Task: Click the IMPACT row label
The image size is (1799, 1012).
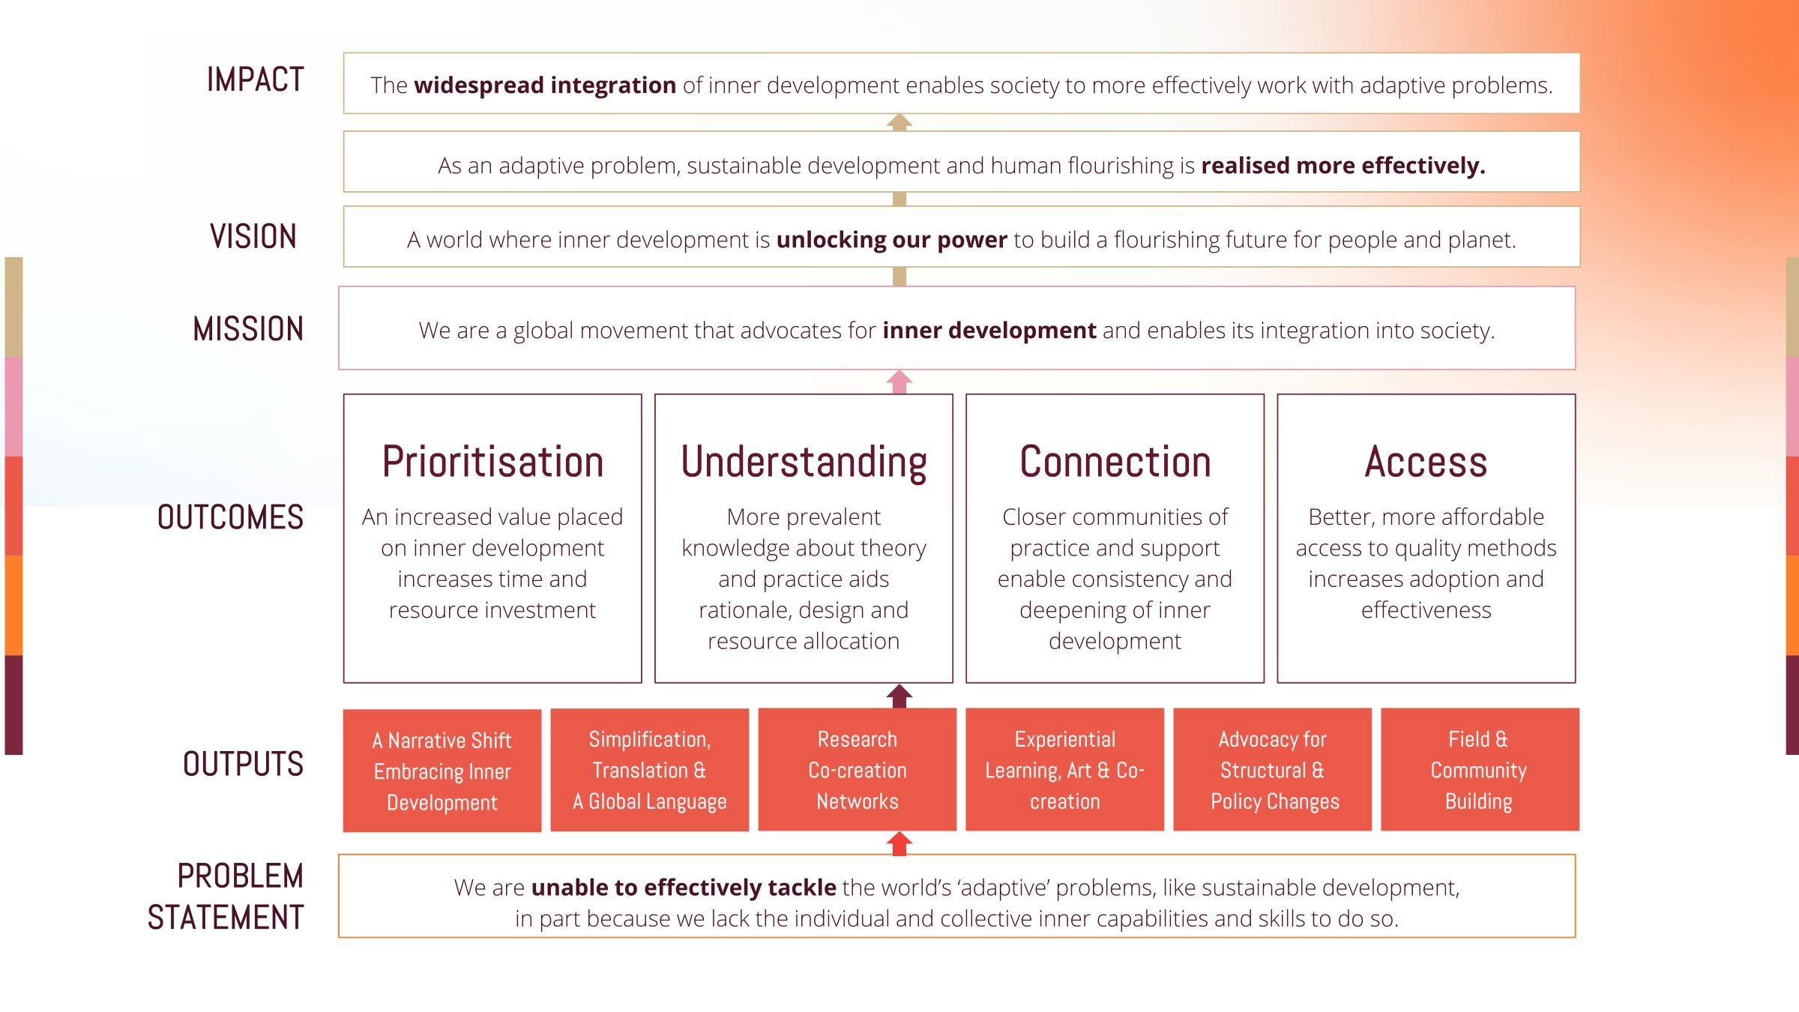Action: pyautogui.click(x=255, y=79)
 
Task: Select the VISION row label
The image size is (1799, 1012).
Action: pyautogui.click(x=253, y=237)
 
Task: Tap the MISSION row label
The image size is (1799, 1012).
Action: pyautogui.click(x=248, y=329)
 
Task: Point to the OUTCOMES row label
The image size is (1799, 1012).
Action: pyautogui.click(x=230, y=517)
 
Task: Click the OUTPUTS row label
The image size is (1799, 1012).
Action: pyautogui.click(x=243, y=764)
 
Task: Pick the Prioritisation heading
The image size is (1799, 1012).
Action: pyautogui.click(x=492, y=461)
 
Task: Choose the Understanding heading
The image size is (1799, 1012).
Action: pyautogui.click(x=804, y=463)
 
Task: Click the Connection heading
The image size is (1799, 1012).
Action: pyautogui.click(x=1115, y=461)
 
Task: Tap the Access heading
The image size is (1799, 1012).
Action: pyautogui.click(x=1426, y=461)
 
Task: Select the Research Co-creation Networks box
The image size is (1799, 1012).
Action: pyautogui.click(x=858, y=770)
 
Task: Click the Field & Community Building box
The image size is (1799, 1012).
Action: pyautogui.click(x=1480, y=770)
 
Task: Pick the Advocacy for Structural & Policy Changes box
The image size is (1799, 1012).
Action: pyautogui.click(x=1273, y=770)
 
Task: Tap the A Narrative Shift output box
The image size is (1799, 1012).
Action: pyautogui.click(x=442, y=771)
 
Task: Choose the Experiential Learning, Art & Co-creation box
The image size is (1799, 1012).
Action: pyautogui.click(x=1065, y=770)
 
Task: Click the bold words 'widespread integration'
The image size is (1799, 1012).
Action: pyautogui.click(x=545, y=85)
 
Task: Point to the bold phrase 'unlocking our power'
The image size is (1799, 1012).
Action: pyautogui.click(x=891, y=240)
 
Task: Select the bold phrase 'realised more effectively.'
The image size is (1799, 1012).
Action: pyautogui.click(x=1343, y=166)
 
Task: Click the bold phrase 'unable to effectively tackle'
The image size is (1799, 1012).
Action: pyautogui.click(x=684, y=888)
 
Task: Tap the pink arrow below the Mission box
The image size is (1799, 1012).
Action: pyautogui.click(x=899, y=382)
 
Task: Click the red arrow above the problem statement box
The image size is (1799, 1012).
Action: pyautogui.click(x=899, y=843)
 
